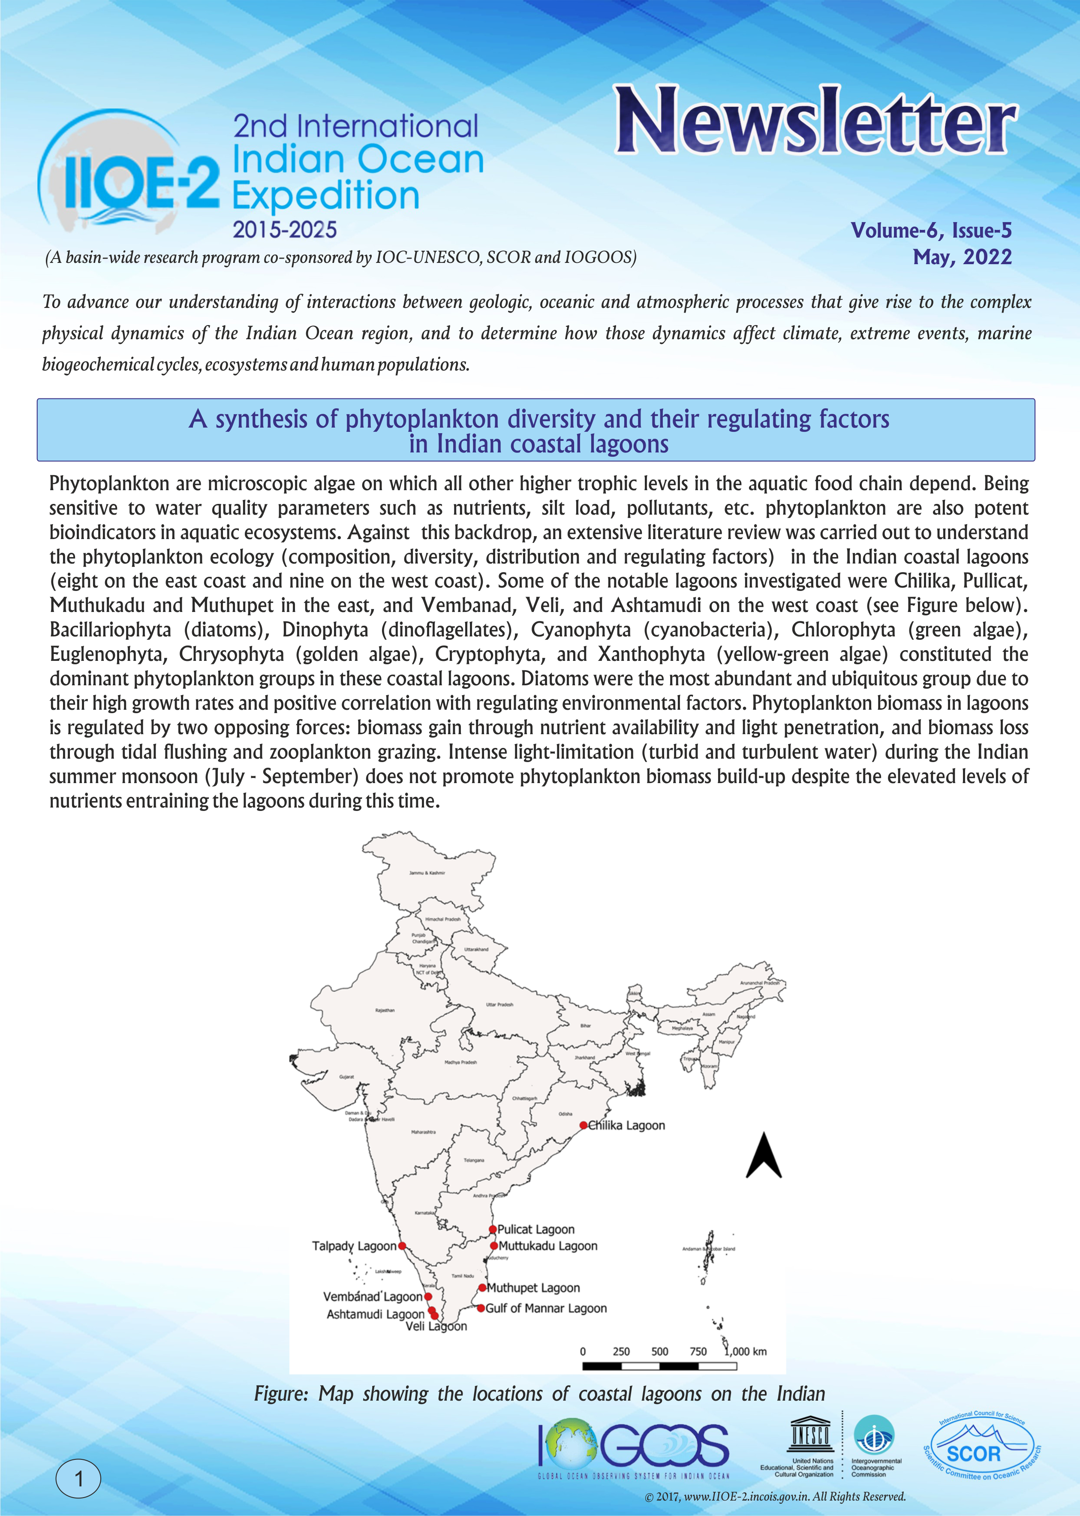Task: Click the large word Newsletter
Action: pos(815,122)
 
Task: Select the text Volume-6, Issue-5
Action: pos(931,230)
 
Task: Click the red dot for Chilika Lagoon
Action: pos(583,1125)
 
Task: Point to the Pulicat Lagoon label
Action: pos(535,1229)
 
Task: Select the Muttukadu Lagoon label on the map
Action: pos(548,1246)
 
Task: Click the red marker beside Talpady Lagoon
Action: pos(402,1246)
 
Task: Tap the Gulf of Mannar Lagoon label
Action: pos(546,1308)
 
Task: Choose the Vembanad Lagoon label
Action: pos(373,1296)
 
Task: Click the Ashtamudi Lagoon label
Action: pos(375,1314)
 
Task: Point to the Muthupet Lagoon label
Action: pos(533,1288)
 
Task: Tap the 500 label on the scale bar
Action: pos(660,1351)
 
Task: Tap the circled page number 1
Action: pos(78,1480)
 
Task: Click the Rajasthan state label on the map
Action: pos(385,1010)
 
